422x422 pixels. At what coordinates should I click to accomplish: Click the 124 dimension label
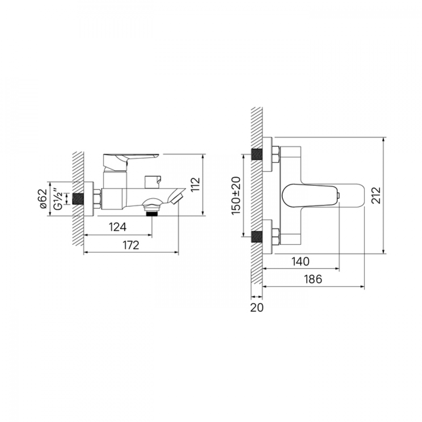(118, 227)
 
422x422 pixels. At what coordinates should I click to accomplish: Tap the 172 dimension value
(131, 245)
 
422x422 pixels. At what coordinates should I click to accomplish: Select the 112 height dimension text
(196, 185)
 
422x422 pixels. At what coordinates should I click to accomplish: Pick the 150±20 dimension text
(236, 195)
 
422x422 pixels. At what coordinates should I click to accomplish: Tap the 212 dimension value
(376, 195)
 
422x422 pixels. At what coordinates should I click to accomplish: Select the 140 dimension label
(300, 261)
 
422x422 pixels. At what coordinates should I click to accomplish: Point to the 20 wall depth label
(257, 308)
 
